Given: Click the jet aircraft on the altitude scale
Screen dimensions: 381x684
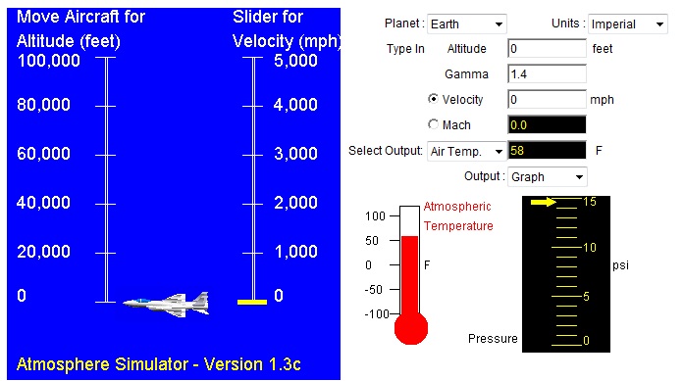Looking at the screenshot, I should [x=167, y=303].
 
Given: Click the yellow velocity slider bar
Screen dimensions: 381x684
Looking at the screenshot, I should [x=252, y=302].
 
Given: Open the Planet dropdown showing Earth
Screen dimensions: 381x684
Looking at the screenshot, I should [x=467, y=24].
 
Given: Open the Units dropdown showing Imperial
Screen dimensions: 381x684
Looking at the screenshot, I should [x=627, y=24].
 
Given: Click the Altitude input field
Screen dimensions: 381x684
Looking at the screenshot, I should [x=546, y=48].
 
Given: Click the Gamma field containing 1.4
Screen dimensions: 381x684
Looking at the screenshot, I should [x=546, y=73].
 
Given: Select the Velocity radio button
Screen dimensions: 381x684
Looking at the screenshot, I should [x=434, y=99].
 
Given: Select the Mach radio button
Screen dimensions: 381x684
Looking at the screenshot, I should [x=434, y=124].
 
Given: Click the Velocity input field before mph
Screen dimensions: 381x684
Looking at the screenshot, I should [x=546, y=99].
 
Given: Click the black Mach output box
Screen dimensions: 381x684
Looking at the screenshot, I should [x=546, y=124].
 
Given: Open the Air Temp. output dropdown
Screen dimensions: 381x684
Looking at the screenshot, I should [x=466, y=151].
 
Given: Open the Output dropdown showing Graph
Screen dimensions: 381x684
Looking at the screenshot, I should [x=547, y=177].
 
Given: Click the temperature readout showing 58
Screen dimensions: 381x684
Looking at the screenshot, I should [x=546, y=151].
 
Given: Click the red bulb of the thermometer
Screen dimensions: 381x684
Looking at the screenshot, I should [x=410, y=328].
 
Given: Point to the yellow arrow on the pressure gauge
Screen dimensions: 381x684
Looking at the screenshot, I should [x=544, y=203].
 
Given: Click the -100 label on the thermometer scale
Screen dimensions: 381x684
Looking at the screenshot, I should [x=377, y=314].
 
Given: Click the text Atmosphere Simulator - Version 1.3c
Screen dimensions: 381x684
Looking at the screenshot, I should [x=159, y=364].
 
